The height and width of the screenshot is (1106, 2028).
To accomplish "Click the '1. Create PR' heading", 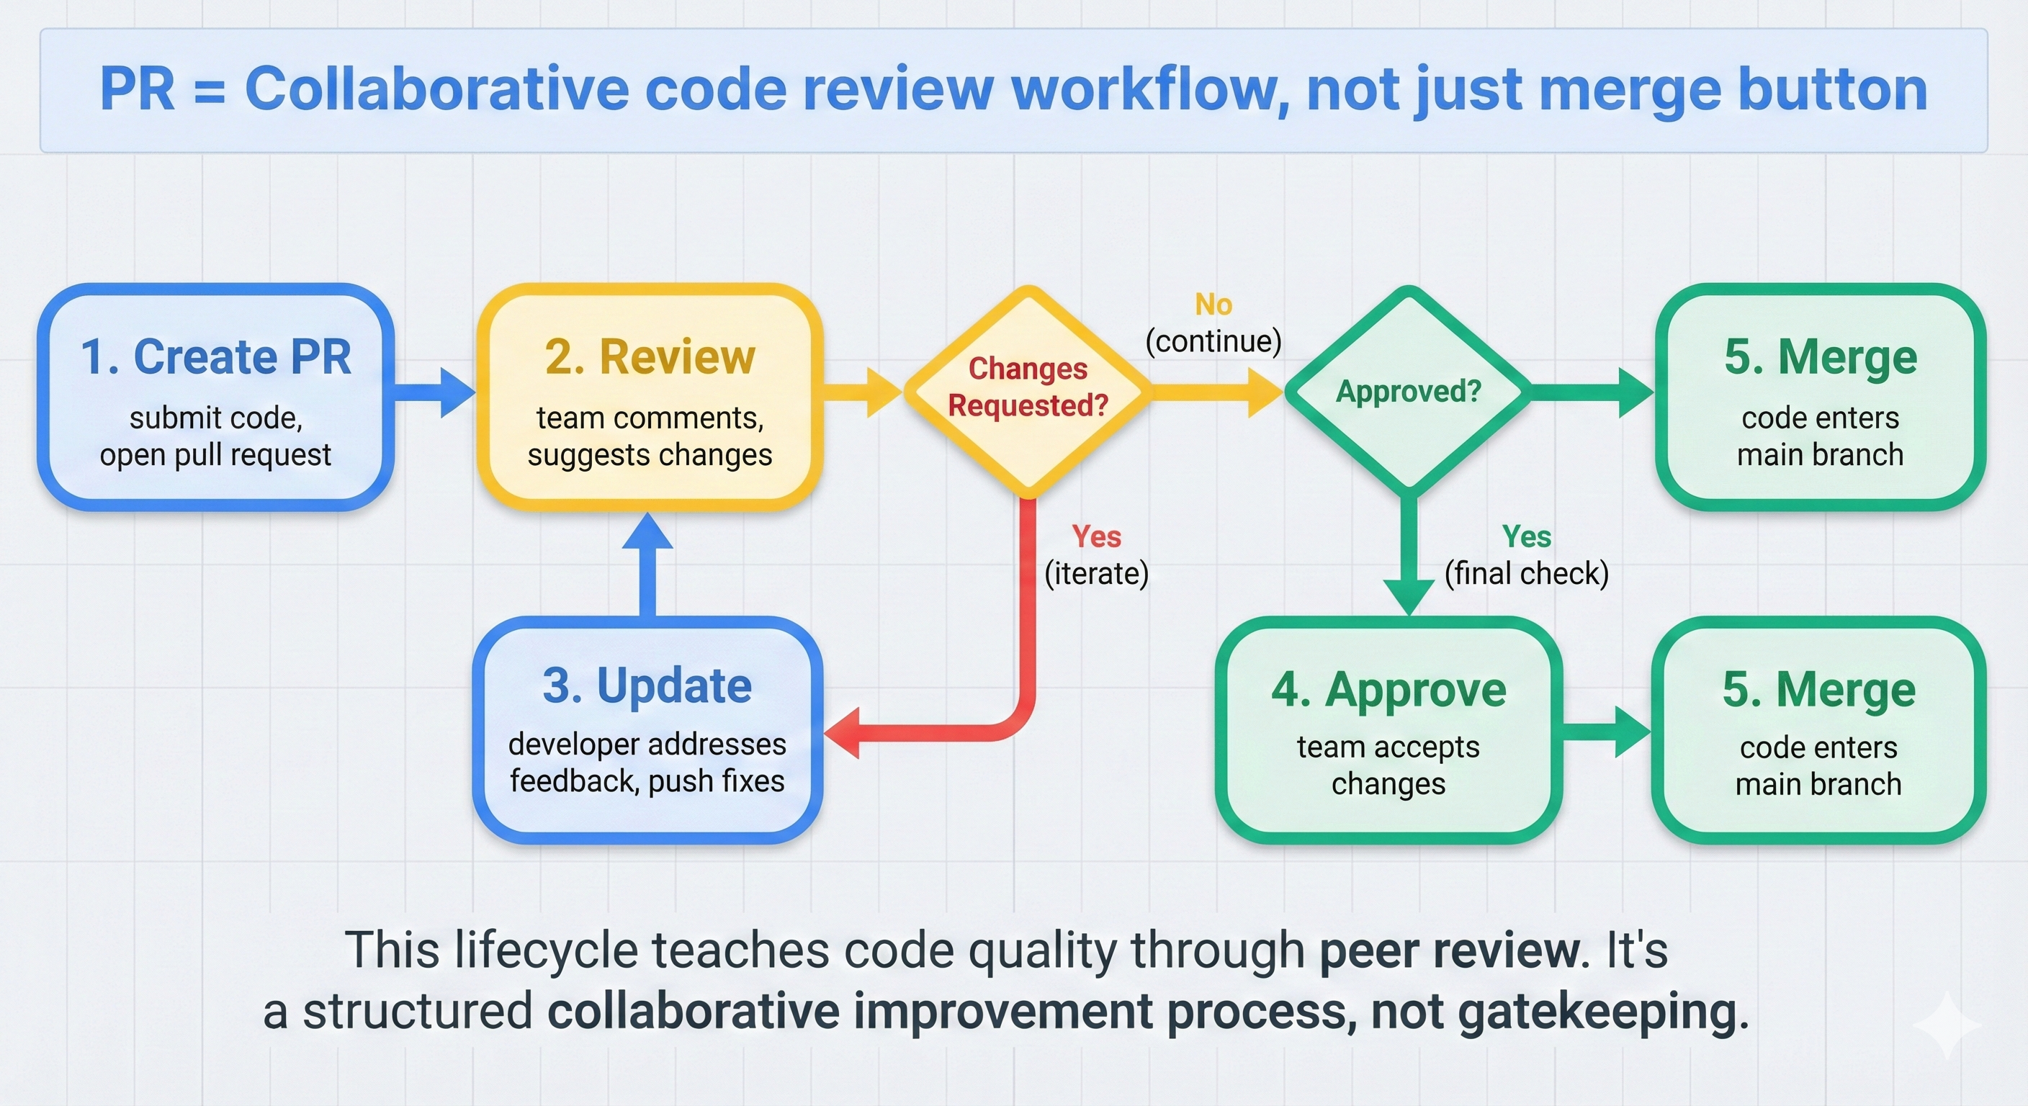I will click(216, 357).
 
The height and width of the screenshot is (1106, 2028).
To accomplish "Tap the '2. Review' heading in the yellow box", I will click(650, 357).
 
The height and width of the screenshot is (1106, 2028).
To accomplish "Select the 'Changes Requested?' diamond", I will click(1028, 387).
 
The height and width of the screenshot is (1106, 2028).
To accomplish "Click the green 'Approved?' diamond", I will click(1409, 391).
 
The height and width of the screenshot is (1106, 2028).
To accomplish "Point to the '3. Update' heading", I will click(647, 685).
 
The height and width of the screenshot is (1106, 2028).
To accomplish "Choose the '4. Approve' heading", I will click(1388, 691).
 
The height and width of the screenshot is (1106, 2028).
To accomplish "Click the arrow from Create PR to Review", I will click(433, 392).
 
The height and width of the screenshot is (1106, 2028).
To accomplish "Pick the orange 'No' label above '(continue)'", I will click(1213, 305).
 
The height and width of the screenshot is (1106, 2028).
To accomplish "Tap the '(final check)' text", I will click(1526, 574).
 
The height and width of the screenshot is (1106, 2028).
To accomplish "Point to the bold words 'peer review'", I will click(1448, 950).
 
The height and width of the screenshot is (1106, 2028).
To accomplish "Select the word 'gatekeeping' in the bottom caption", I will click(1597, 1012).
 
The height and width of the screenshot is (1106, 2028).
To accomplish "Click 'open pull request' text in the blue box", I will click(216, 455).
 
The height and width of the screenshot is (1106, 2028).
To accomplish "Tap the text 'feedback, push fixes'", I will click(647, 781).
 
